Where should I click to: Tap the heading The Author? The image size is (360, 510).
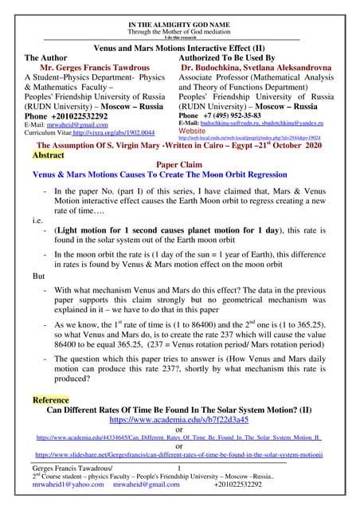[49, 58]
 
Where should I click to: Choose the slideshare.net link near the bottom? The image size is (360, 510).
[179, 453]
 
